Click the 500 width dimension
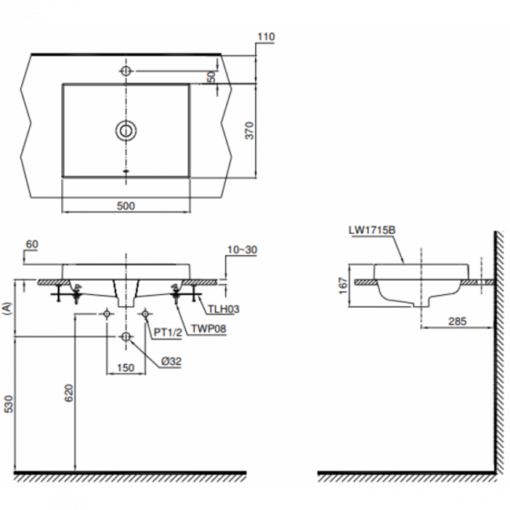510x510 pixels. (x=126, y=206)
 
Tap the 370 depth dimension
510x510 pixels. (x=249, y=131)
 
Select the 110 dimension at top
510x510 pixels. (x=266, y=37)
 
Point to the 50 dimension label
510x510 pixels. (x=212, y=76)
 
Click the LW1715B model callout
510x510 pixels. (x=372, y=230)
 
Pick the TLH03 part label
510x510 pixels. (x=224, y=309)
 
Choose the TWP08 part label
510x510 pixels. (x=208, y=329)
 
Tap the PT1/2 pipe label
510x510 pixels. (x=168, y=332)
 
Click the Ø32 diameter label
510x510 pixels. (x=171, y=361)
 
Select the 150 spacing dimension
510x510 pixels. (x=126, y=368)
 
